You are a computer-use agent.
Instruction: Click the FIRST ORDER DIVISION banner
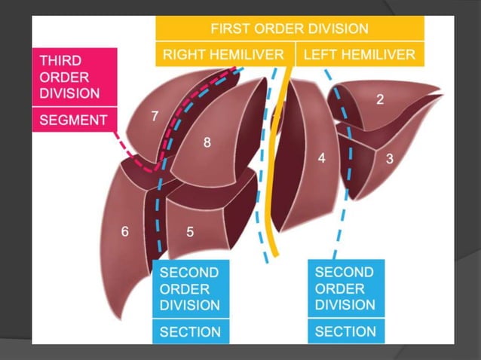click(290, 29)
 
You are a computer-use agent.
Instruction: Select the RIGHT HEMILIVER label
click(223, 54)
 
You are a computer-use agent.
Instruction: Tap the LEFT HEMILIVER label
click(359, 54)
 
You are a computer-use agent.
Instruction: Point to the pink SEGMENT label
click(73, 119)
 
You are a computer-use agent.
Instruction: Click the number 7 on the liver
click(155, 116)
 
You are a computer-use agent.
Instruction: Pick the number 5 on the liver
click(189, 232)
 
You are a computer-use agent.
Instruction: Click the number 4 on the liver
click(321, 159)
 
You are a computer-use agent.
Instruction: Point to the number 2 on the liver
click(380, 99)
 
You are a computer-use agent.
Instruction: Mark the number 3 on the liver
click(389, 159)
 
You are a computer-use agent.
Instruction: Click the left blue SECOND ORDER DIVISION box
click(190, 288)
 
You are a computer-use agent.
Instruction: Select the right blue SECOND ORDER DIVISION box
click(345, 288)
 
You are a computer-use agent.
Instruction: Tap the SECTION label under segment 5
click(190, 331)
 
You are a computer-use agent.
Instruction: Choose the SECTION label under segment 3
click(345, 331)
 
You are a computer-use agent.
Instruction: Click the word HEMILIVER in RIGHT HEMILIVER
click(247, 54)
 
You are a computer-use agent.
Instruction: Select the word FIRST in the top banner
click(229, 29)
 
